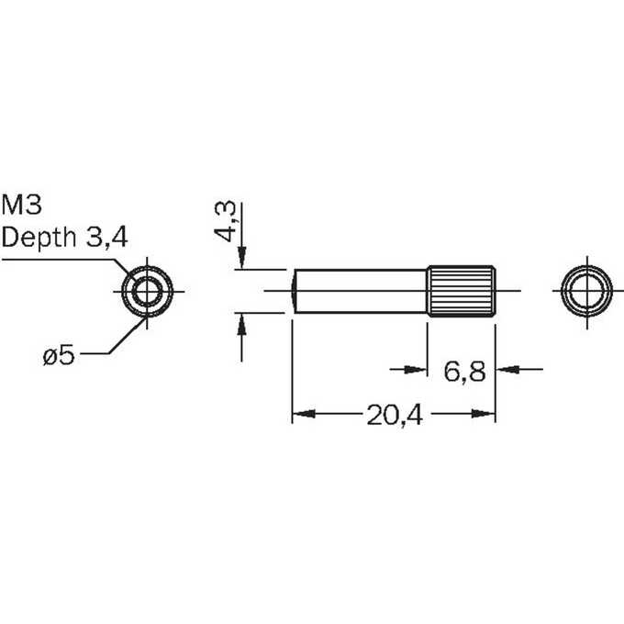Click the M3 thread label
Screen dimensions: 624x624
(22, 205)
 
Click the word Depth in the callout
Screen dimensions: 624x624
(39, 239)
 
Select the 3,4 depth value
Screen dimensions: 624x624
(106, 238)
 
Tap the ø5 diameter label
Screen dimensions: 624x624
(59, 354)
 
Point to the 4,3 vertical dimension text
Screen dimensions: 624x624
(225, 221)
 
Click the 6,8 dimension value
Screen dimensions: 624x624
(464, 372)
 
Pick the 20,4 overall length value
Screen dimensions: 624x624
(395, 416)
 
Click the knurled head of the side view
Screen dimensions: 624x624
(462, 291)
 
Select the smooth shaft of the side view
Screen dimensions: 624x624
(360, 291)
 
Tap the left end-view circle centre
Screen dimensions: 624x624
(147, 291)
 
